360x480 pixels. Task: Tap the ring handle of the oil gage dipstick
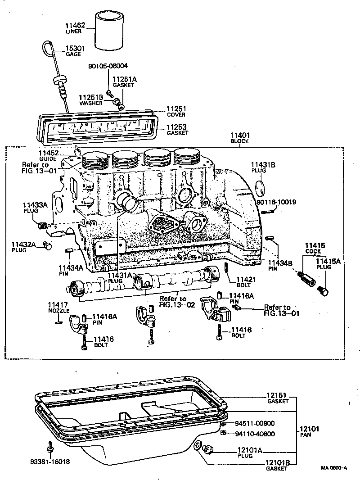[48, 47]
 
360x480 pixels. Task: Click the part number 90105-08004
[108, 65]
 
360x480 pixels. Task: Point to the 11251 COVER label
[176, 112]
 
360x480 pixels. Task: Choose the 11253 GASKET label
[176, 130]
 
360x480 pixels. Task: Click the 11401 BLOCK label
[240, 137]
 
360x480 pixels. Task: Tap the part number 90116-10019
[276, 202]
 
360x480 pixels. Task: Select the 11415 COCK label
[313, 249]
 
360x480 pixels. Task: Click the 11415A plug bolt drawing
[323, 290]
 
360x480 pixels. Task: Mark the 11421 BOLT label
[246, 282]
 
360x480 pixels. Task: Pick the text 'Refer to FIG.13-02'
[173, 301]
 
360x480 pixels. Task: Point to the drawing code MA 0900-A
[334, 468]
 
